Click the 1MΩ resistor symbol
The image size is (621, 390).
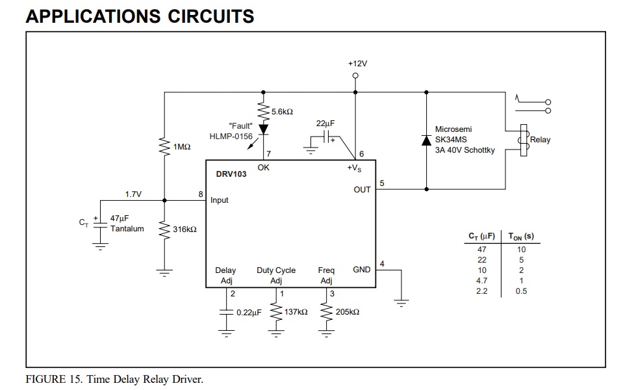click(164, 146)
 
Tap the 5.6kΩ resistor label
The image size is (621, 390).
click(282, 112)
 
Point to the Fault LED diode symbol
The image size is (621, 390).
click(263, 129)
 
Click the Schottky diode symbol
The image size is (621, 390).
click(427, 140)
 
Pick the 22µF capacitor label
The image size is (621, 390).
click(325, 123)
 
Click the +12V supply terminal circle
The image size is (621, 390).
click(355, 75)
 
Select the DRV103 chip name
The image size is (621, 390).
click(231, 174)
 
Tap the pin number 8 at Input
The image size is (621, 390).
click(201, 194)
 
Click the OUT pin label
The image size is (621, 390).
click(362, 190)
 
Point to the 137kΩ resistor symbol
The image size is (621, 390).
click(276, 312)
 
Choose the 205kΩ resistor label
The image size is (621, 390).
click(348, 312)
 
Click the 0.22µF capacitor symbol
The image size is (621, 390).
click(226, 312)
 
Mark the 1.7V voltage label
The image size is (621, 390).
click(133, 194)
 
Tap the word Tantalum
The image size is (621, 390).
click(127, 229)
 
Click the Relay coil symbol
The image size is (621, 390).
click(524, 140)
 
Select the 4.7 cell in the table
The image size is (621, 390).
click(481, 281)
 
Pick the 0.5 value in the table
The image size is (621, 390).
click(521, 291)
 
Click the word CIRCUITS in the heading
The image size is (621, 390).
click(210, 16)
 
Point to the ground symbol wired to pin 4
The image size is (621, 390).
click(401, 303)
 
